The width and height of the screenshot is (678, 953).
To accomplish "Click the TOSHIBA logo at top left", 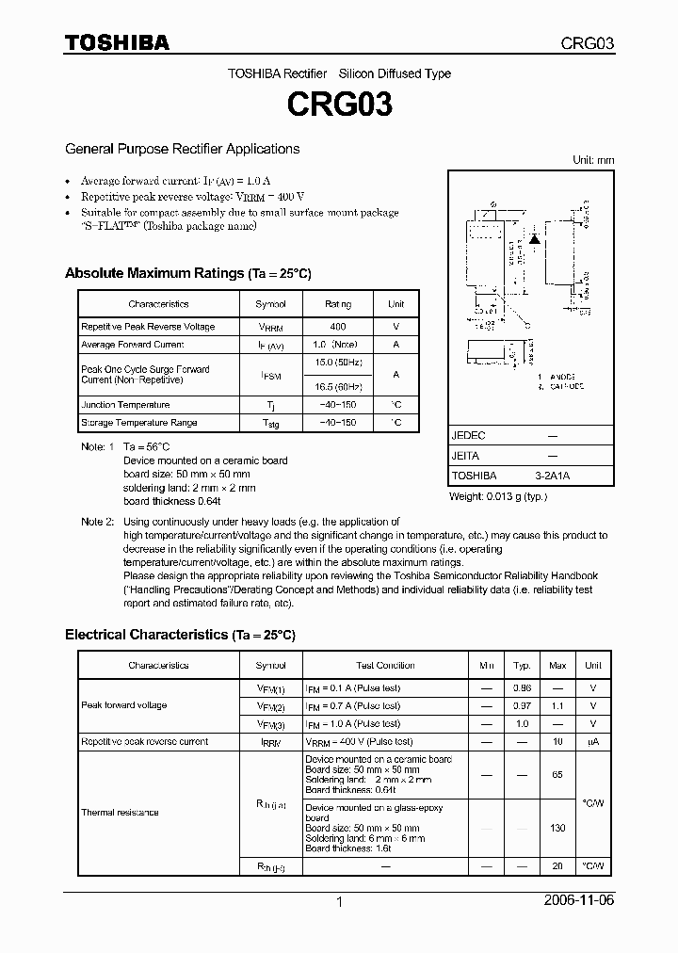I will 117,42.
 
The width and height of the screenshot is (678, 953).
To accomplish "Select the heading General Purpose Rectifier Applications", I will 182,149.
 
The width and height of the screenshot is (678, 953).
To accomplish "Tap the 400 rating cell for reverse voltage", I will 337,327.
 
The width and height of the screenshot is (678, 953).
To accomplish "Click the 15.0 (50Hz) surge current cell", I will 337,363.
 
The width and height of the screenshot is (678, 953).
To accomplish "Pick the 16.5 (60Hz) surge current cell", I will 337,386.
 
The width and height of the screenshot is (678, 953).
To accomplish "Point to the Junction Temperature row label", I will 125,405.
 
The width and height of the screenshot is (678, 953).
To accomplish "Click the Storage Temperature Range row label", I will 138,423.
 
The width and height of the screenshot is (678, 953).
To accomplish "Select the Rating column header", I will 337,304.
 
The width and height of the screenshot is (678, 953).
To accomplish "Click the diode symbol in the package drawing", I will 534,239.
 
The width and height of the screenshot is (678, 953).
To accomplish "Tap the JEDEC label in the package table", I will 468,436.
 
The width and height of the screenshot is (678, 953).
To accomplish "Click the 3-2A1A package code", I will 552,476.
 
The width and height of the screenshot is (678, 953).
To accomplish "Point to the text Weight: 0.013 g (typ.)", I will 498,496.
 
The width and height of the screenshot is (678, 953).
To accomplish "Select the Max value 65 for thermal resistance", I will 557,774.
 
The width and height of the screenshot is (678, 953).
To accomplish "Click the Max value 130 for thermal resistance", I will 557,828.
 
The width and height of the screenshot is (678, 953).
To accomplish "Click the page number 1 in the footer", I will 339,901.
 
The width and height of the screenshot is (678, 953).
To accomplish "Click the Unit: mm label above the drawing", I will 593,160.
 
